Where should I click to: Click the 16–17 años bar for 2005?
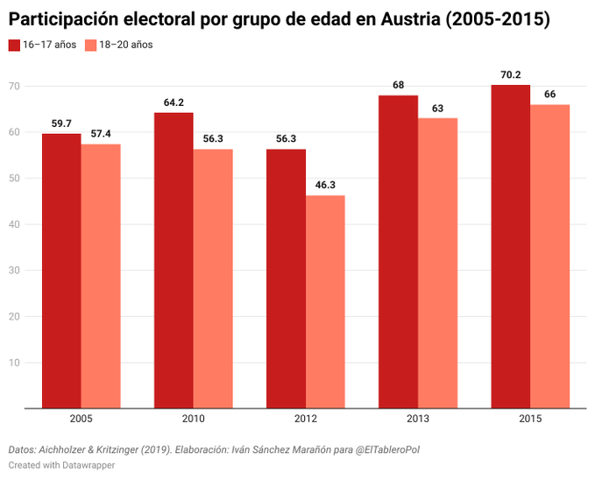coord(61,271)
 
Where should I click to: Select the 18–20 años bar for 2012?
coord(325,301)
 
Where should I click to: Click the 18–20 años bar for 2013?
coord(437,263)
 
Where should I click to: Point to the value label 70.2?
coord(510,75)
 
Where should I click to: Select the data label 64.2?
coord(174,102)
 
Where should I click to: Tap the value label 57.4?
coord(101,134)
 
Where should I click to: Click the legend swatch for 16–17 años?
coord(14,45)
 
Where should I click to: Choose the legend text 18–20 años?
coord(126,45)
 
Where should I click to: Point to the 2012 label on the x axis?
coord(305,420)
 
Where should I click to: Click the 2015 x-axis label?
coord(529,420)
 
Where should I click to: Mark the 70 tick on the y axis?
coord(14,86)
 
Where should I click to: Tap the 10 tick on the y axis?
coord(14,362)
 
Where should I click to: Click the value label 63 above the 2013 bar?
coord(437,109)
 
